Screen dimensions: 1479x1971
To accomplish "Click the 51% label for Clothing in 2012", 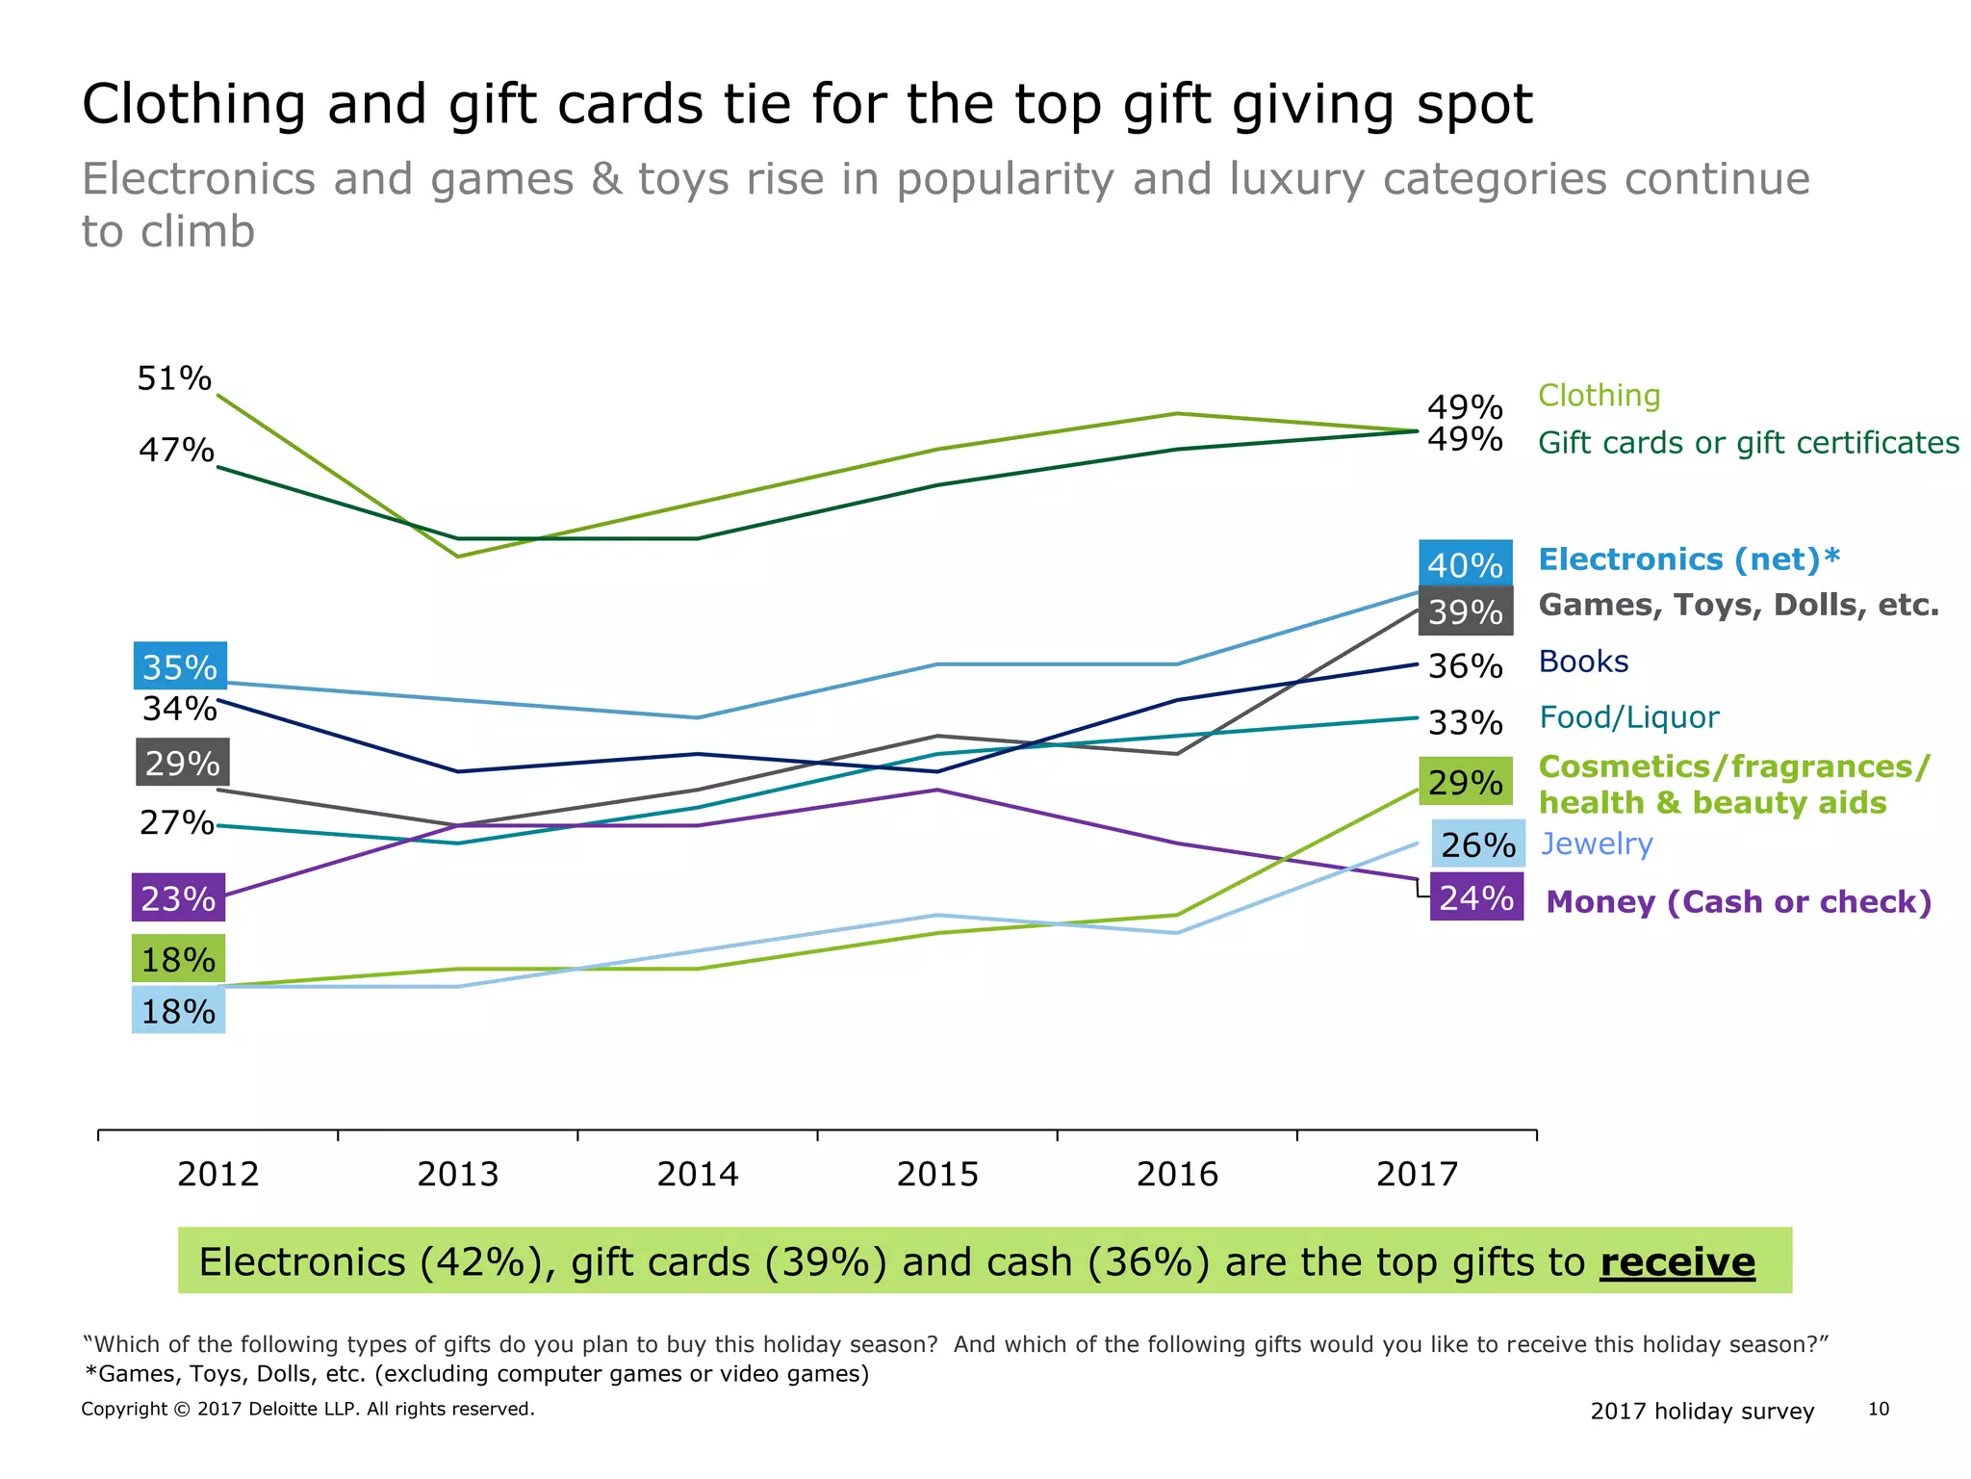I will click(174, 378).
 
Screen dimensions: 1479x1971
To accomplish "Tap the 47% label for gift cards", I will click(176, 450).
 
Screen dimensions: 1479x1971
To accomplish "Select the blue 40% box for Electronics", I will click(1465, 564).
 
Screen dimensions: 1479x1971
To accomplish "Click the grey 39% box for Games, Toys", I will click(1465, 611).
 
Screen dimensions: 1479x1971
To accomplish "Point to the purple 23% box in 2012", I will click(179, 898).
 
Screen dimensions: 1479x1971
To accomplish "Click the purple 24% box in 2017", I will click(1476, 897).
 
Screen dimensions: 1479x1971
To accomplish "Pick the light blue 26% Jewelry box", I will click(1477, 844).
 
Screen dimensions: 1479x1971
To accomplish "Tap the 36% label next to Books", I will click(1465, 665).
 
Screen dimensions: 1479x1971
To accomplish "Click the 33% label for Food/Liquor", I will click(1465, 722).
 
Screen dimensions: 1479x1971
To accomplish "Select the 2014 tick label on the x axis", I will click(698, 1174).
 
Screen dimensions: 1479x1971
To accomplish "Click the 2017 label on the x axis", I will click(1418, 1174).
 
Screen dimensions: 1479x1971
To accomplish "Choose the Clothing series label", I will click(1599, 396).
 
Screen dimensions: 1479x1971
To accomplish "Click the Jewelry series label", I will click(1597, 843).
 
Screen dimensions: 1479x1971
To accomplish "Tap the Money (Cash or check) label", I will click(1738, 902).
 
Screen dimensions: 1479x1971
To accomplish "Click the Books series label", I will click(1583, 662).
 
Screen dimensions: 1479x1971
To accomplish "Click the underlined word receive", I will click(1677, 1261).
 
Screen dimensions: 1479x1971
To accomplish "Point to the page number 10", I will click(1878, 1410).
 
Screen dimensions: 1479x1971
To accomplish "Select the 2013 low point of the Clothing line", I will click(458, 556).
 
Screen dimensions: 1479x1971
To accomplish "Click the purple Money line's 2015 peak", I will click(937, 790).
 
